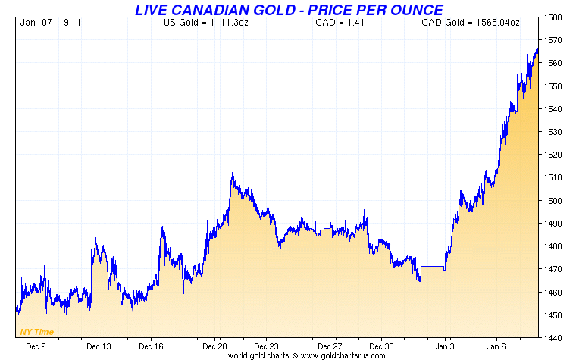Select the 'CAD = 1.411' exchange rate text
(x=334, y=22)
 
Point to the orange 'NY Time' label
(x=36, y=332)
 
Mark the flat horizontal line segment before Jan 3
(x=432, y=267)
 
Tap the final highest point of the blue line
(x=537, y=49)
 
